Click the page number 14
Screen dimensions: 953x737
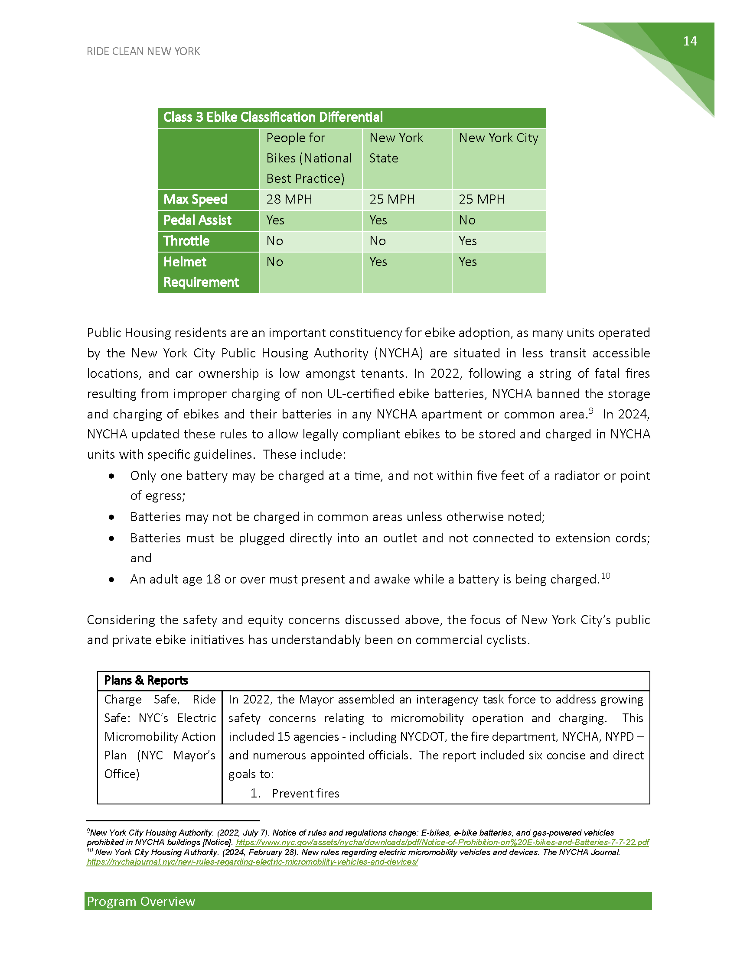(690, 41)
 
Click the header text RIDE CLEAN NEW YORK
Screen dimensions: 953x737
(143, 52)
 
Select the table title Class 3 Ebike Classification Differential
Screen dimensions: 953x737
(273, 117)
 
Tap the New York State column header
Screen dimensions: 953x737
(396, 148)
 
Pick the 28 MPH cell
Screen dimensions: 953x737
(289, 199)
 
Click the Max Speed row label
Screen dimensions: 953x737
(195, 199)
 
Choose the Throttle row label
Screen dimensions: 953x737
(186, 241)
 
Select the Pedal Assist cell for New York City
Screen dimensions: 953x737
(467, 220)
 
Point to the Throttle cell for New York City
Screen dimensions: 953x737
(468, 241)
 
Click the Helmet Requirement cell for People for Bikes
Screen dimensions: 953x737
(274, 262)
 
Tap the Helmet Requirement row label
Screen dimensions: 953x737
(201, 272)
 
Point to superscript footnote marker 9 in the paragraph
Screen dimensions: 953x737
(591, 411)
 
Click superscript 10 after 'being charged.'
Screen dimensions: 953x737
(606, 576)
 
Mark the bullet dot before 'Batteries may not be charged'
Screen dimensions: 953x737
(112, 517)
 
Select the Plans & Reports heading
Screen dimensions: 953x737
(146, 680)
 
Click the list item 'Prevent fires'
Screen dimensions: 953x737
(305, 793)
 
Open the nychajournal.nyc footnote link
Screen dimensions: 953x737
(252, 862)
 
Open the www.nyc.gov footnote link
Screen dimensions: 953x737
(442, 842)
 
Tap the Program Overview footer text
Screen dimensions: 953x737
(141, 901)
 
